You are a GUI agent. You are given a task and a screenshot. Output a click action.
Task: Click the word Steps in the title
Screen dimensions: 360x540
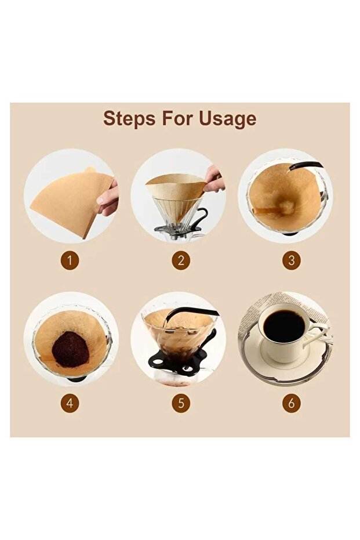coord(129,119)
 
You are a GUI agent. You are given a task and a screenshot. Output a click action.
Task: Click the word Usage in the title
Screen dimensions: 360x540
coord(227,119)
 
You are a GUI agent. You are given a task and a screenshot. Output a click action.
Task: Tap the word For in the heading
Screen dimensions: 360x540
coord(177,118)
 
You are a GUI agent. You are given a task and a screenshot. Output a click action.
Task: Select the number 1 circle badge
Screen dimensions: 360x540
coord(70,260)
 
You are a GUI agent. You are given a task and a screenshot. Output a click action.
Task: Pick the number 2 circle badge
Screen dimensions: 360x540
coord(181,260)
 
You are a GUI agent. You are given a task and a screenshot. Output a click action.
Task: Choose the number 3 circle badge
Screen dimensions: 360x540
coord(291,260)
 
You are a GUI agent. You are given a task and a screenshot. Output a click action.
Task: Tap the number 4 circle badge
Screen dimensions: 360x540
coord(70,403)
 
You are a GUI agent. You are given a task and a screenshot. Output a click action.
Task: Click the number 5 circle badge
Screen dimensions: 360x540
coord(181,403)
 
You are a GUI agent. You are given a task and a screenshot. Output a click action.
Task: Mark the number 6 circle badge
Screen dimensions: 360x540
coord(291,403)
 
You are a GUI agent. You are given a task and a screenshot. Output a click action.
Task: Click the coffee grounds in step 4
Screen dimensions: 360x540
coord(71,350)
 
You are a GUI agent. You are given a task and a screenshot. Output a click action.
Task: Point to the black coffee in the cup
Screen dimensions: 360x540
coord(284,326)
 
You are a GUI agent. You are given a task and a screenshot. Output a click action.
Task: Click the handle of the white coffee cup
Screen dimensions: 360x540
coord(317,334)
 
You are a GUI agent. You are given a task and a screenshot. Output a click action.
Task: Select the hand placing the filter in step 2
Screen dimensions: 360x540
coord(214,179)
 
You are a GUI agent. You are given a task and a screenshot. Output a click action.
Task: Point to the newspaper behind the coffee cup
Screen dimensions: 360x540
coord(286,303)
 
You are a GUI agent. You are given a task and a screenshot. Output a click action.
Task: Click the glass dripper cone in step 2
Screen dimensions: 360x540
coord(176,214)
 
